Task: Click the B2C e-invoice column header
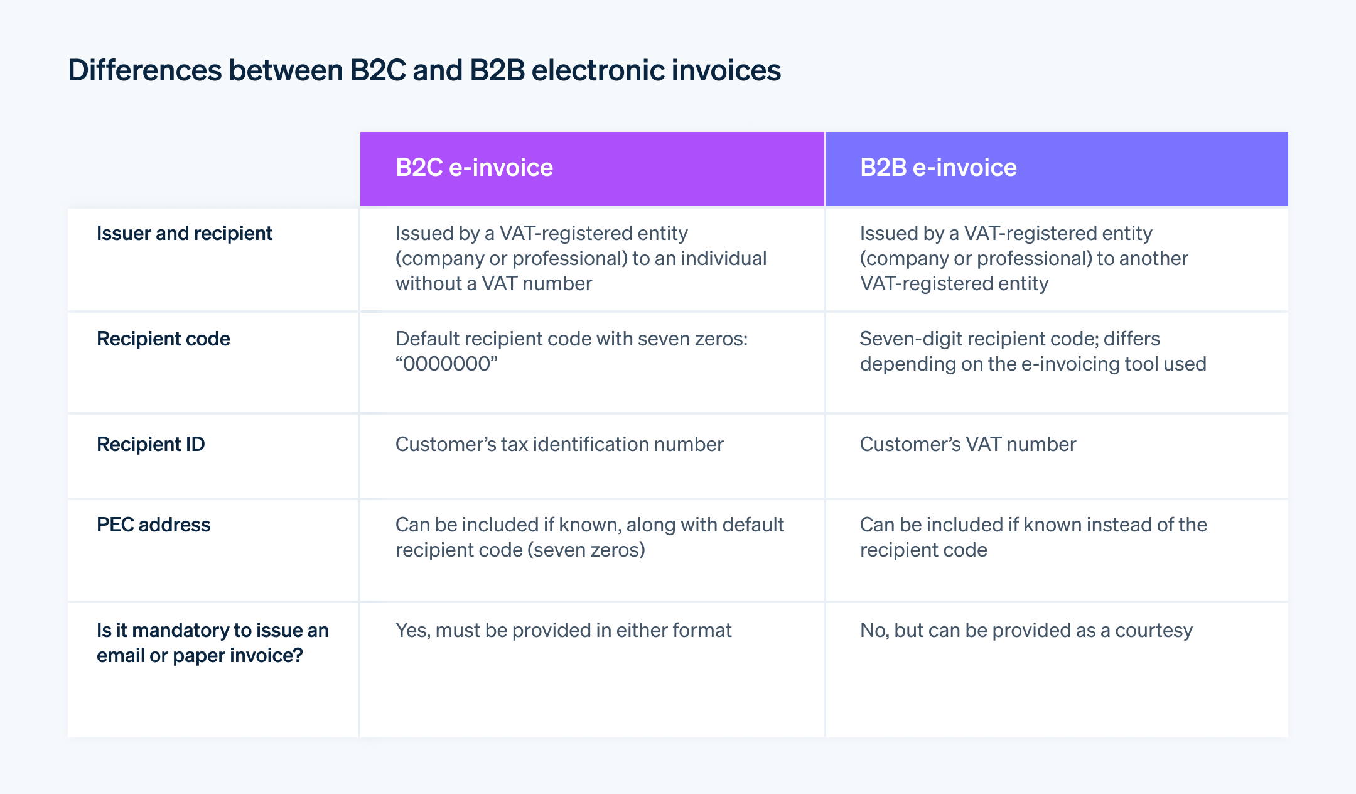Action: [474, 168]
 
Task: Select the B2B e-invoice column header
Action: [938, 168]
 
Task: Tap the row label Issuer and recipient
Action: [184, 234]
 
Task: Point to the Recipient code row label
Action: [163, 339]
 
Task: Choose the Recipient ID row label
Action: [151, 445]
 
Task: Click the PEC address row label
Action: [153, 525]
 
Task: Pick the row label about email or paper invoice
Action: [212, 643]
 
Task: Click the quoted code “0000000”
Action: [446, 364]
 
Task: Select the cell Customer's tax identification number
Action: [559, 445]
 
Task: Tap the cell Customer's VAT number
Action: [967, 445]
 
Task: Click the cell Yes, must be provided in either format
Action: [563, 631]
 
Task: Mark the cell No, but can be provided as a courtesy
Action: [1026, 631]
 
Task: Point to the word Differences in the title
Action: [144, 70]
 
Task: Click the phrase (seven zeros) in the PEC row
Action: [586, 550]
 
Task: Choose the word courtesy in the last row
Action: [1154, 631]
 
